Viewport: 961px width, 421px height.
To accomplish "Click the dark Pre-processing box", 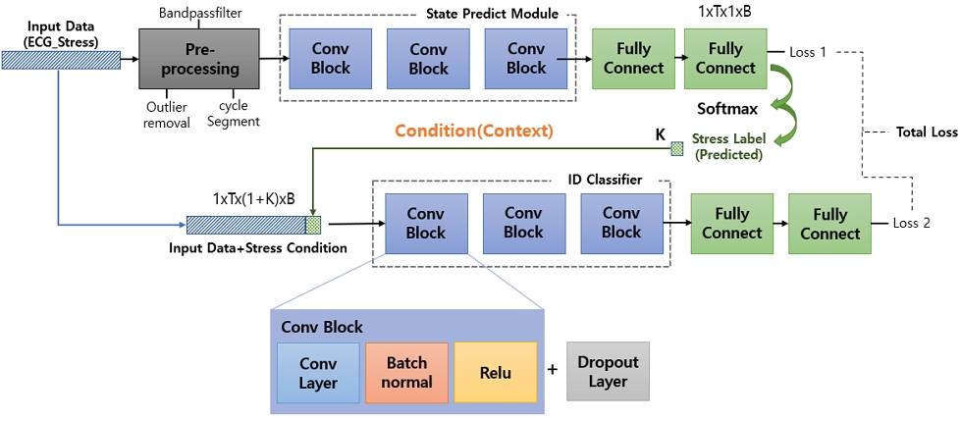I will click(200, 59).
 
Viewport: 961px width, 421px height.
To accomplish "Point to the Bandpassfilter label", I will click(199, 12).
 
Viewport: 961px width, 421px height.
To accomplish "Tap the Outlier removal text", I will click(166, 115).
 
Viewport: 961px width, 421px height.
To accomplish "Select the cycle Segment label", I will click(234, 114).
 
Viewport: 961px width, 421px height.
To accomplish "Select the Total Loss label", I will click(926, 132).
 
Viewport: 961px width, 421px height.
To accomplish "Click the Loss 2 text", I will click(911, 223).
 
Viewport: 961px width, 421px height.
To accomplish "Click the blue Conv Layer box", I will click(318, 373).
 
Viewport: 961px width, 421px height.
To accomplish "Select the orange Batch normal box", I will click(405, 373).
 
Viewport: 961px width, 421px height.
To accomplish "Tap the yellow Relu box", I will click(495, 373).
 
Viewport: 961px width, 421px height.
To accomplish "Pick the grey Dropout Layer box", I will click(608, 371).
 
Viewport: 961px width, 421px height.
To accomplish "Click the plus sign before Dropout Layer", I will click(553, 370).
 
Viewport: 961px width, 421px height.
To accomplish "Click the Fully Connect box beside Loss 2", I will click(829, 224).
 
